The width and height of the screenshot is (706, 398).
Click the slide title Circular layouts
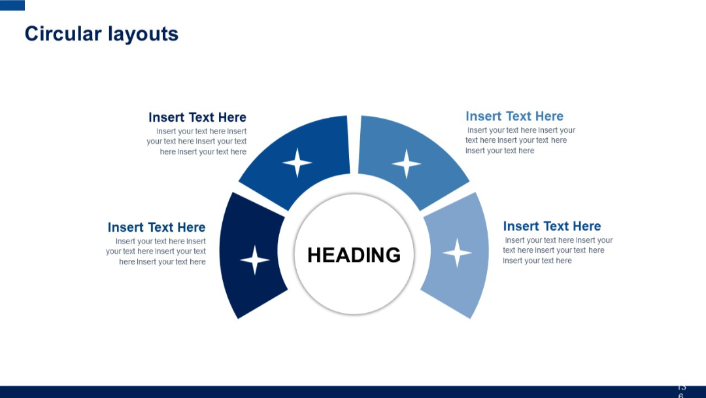(101, 33)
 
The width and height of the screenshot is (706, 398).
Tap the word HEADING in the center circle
(354, 255)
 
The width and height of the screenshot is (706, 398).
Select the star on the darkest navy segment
(255, 260)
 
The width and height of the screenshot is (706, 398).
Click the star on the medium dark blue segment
(297, 162)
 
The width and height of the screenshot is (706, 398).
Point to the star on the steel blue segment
(406, 164)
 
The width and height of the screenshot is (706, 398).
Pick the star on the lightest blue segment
(457, 253)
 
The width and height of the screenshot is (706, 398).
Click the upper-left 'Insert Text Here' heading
(197, 117)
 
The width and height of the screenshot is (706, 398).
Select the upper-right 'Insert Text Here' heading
(514, 116)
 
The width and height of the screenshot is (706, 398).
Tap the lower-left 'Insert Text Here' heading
(156, 227)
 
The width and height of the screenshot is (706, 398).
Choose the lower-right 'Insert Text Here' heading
(552, 226)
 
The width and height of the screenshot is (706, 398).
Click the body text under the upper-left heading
(197, 141)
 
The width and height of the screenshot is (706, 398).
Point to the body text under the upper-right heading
(520, 140)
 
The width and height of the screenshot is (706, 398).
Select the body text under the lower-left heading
(156, 251)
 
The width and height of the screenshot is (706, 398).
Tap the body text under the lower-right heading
(557, 250)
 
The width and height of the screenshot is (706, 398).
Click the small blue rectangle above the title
(12, 5)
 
